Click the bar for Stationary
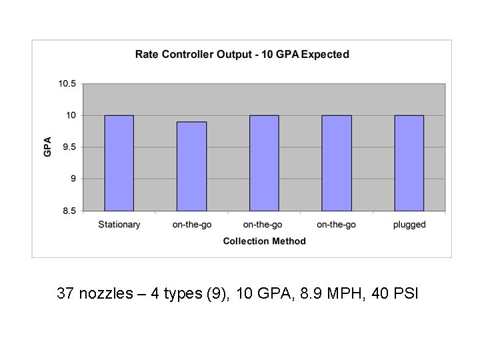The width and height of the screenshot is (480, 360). [x=119, y=163]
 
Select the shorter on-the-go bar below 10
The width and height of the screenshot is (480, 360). [x=191, y=166]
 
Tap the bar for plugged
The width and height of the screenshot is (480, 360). [x=409, y=163]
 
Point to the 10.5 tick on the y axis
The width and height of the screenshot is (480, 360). [x=67, y=84]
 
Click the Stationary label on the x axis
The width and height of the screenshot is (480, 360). [x=119, y=225]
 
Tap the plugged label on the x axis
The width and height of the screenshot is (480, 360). [x=409, y=225]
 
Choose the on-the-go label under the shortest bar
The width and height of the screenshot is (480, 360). [x=191, y=225]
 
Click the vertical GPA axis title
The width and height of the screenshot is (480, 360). [x=47, y=147]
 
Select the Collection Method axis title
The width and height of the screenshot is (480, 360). [x=264, y=241]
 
